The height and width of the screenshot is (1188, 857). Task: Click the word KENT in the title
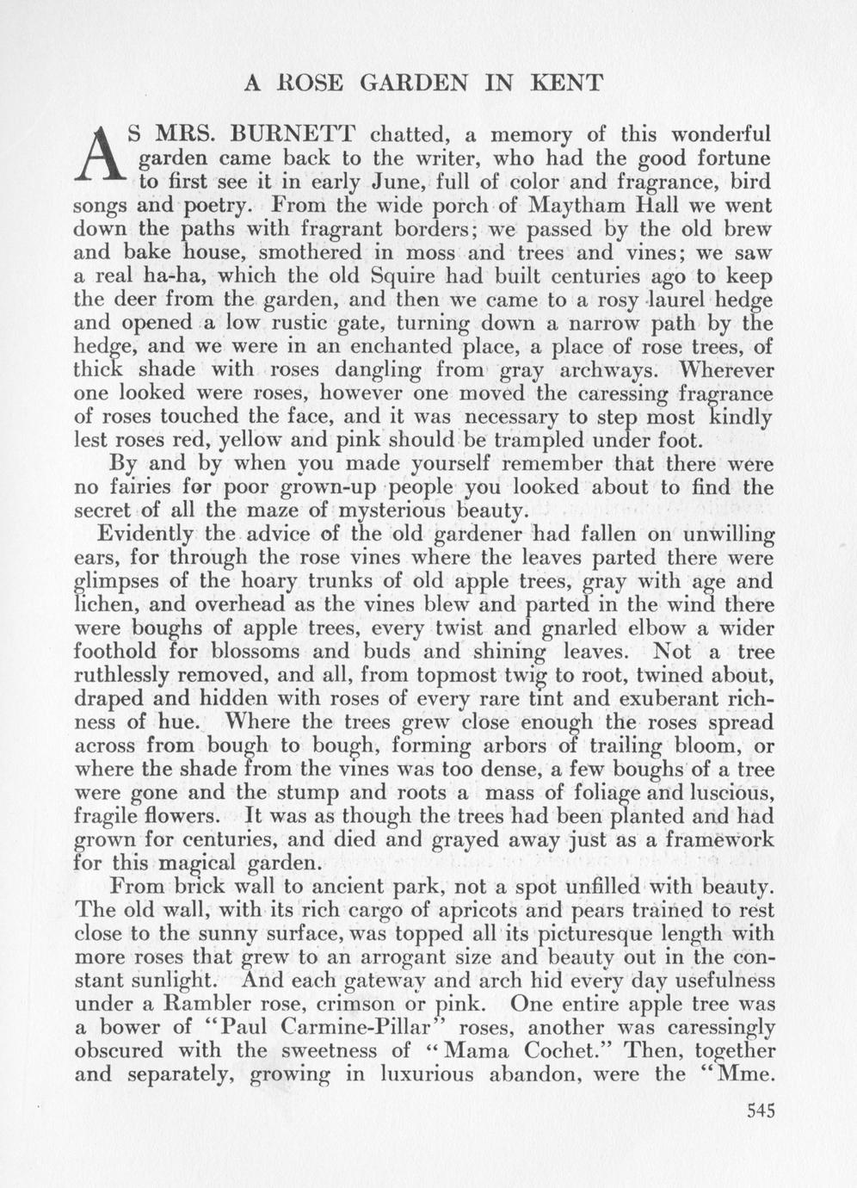pos(567,83)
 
